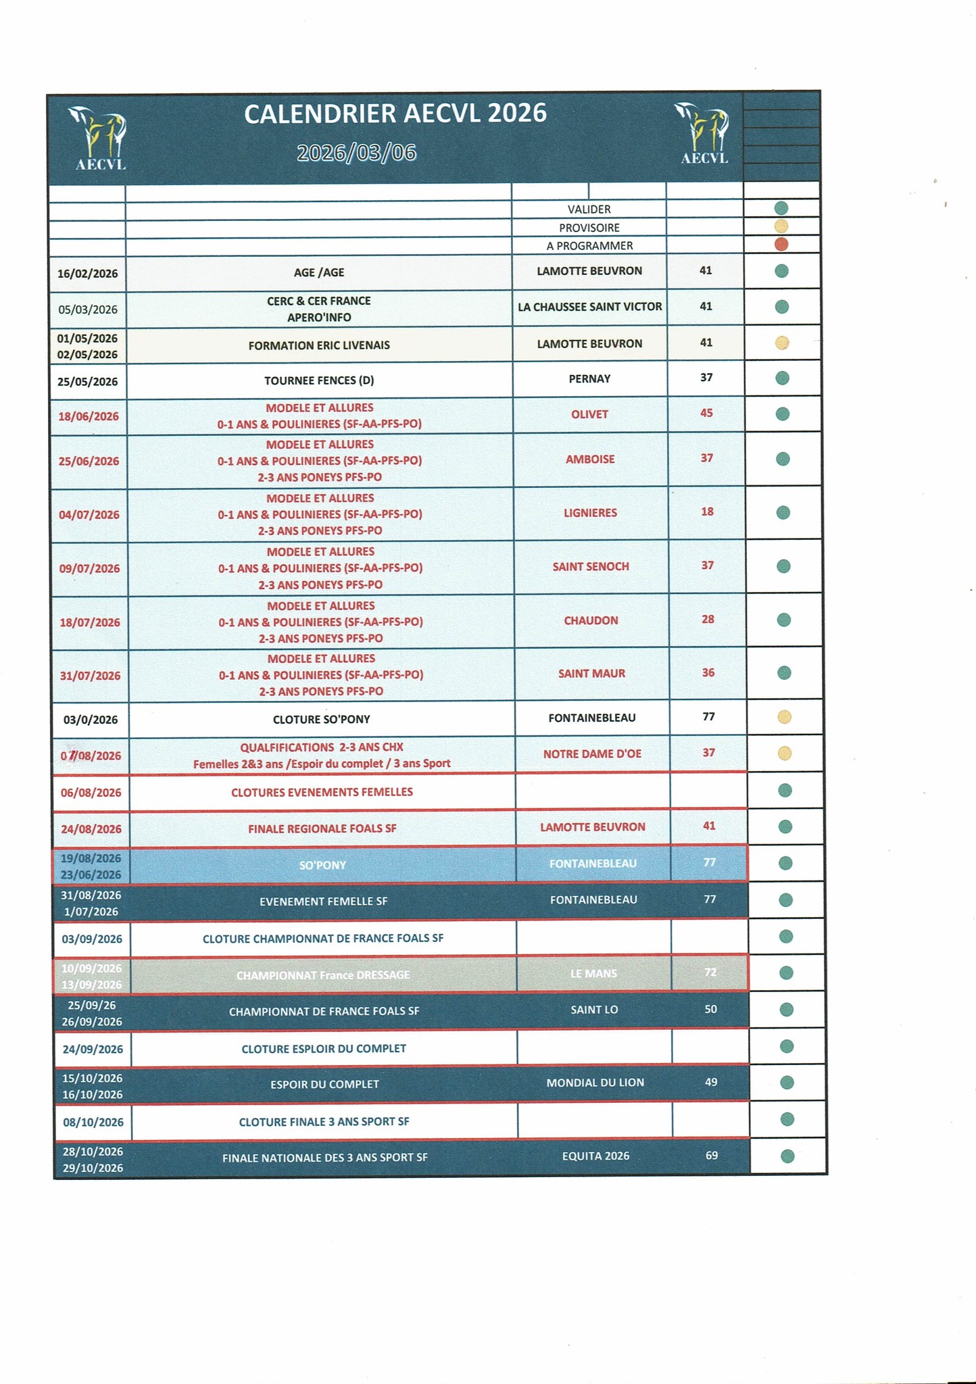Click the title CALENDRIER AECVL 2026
click(395, 114)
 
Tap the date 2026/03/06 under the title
click(356, 153)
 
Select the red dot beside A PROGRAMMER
click(781, 245)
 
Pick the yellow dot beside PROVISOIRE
click(781, 226)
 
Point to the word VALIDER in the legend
click(589, 209)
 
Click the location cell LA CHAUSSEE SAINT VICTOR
click(589, 307)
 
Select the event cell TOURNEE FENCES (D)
click(319, 380)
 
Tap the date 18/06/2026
click(89, 416)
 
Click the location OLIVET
click(589, 414)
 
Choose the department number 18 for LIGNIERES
click(707, 512)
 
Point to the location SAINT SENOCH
click(591, 566)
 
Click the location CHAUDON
click(591, 620)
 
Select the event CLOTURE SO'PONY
click(322, 719)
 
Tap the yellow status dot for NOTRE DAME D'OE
click(784, 753)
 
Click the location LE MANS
click(593, 974)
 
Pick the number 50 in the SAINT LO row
click(710, 1009)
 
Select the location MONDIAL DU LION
click(595, 1083)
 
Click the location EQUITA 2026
click(595, 1156)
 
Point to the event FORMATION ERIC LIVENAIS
click(319, 345)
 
